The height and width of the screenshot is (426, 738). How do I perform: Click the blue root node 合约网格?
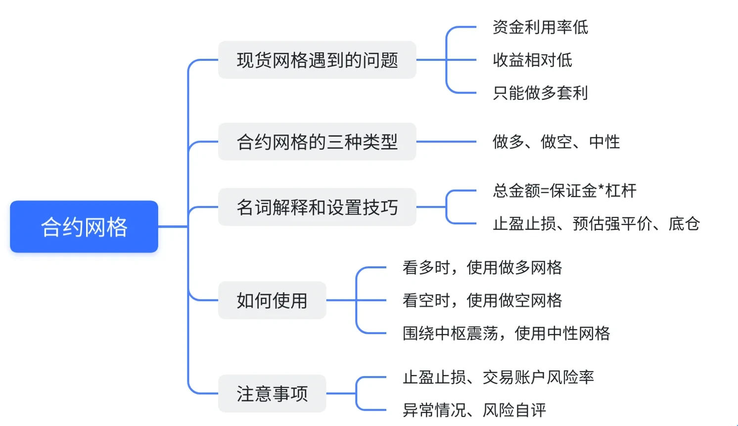(84, 227)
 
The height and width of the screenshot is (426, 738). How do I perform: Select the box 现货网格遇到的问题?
(317, 60)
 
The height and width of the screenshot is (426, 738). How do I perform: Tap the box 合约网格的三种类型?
(317, 142)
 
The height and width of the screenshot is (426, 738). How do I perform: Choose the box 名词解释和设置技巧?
(317, 207)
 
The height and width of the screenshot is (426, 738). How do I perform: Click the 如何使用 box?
(272, 300)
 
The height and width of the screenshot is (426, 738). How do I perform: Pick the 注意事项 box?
(272, 394)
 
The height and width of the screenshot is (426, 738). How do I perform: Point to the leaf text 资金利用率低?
(540, 27)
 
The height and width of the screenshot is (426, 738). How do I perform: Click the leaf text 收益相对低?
(532, 60)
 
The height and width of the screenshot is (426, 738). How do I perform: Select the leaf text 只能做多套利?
(540, 92)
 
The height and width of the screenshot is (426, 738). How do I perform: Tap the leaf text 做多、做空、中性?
(556, 142)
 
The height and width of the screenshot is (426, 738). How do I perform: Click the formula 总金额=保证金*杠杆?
(564, 191)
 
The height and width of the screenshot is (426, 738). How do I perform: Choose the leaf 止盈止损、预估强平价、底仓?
(596, 223)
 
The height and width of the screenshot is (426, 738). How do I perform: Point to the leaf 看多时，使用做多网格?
(482, 267)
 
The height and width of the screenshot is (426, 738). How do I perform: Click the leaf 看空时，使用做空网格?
(482, 300)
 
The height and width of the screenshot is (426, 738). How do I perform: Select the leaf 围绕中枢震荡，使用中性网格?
(506, 333)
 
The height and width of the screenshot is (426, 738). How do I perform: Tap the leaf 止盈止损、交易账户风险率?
(498, 377)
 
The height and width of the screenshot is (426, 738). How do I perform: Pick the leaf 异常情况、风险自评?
(474, 410)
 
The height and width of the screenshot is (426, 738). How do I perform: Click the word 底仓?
(684, 223)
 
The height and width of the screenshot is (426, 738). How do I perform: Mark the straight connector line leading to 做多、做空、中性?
(446, 142)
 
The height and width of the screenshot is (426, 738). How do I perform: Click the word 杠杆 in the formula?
(621, 191)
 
